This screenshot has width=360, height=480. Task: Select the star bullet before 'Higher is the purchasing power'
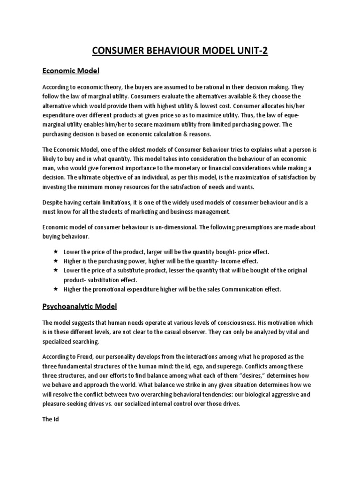coord(55,261)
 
